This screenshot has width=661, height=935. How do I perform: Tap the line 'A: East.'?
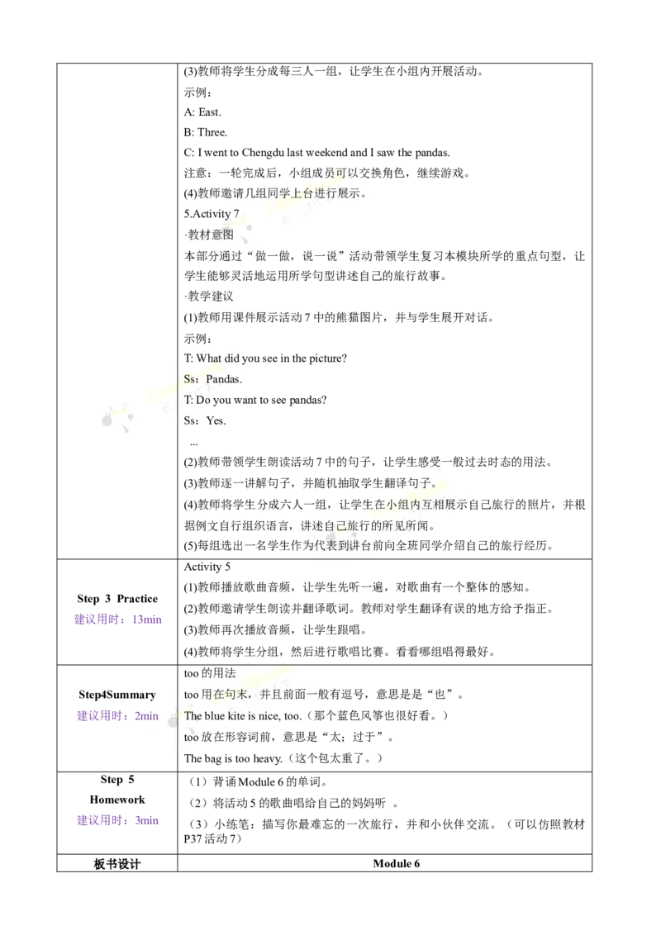(x=202, y=112)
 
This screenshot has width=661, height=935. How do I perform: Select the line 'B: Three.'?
(x=205, y=132)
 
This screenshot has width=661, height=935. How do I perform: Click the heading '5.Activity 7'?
(x=212, y=213)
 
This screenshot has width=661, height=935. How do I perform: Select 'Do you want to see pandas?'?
(x=261, y=400)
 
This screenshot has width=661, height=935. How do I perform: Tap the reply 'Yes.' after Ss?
(x=216, y=421)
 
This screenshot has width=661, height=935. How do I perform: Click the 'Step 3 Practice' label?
(x=117, y=599)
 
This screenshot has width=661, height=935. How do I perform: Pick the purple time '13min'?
(x=147, y=619)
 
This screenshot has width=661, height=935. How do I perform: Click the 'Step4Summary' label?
(x=117, y=695)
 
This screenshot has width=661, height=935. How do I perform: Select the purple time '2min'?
(x=147, y=716)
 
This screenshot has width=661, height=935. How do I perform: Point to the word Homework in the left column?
(x=117, y=800)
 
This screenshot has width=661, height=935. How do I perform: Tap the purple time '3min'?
(x=147, y=820)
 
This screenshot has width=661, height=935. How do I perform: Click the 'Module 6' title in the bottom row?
(x=396, y=863)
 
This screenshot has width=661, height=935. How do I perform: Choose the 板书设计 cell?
(x=117, y=863)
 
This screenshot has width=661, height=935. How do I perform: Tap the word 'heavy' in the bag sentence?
(x=267, y=758)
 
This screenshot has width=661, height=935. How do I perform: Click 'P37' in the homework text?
(x=193, y=838)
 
